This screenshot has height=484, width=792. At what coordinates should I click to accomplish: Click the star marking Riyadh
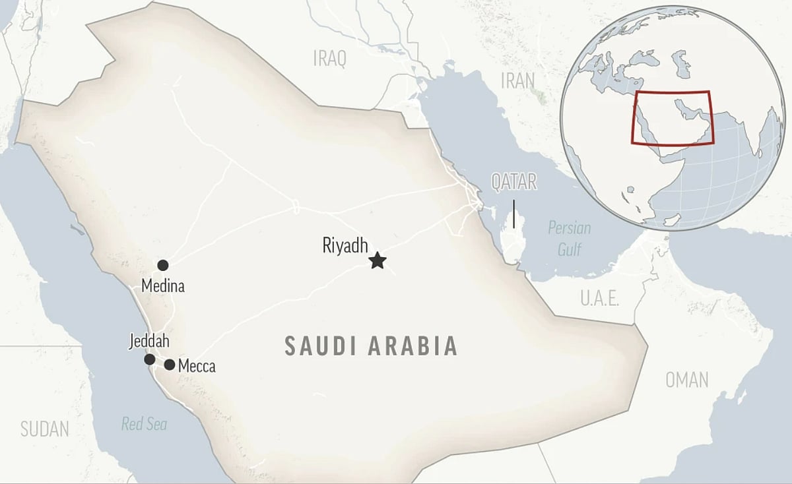[x=377, y=260]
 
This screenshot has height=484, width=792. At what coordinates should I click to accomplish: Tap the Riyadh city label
[x=345, y=245]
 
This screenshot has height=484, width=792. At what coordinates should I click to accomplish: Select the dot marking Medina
[x=162, y=265]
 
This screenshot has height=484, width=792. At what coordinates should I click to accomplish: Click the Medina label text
[x=163, y=286]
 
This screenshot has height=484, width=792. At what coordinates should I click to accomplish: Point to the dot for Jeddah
[x=150, y=359]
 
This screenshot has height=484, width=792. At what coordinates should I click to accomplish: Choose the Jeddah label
[x=150, y=342]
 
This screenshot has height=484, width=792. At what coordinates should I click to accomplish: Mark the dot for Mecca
[x=170, y=365]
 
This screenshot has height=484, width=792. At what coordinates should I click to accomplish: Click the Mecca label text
[x=197, y=366]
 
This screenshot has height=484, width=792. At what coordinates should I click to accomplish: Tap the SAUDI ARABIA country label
[x=371, y=346]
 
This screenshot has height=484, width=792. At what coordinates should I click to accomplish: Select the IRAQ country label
[x=329, y=59]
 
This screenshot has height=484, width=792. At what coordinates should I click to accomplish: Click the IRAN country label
[x=517, y=80]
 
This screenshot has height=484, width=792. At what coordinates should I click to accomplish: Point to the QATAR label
[x=514, y=182]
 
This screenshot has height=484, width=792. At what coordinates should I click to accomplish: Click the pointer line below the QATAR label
[x=514, y=214]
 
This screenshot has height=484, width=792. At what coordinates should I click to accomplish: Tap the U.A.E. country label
[x=599, y=299]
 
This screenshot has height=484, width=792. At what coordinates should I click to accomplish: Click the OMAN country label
[x=686, y=380]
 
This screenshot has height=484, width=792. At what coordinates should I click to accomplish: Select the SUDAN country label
[x=44, y=429]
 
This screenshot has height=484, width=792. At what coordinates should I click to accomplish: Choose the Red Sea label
[x=144, y=424]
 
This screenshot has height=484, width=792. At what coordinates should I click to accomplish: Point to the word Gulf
[x=570, y=249]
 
